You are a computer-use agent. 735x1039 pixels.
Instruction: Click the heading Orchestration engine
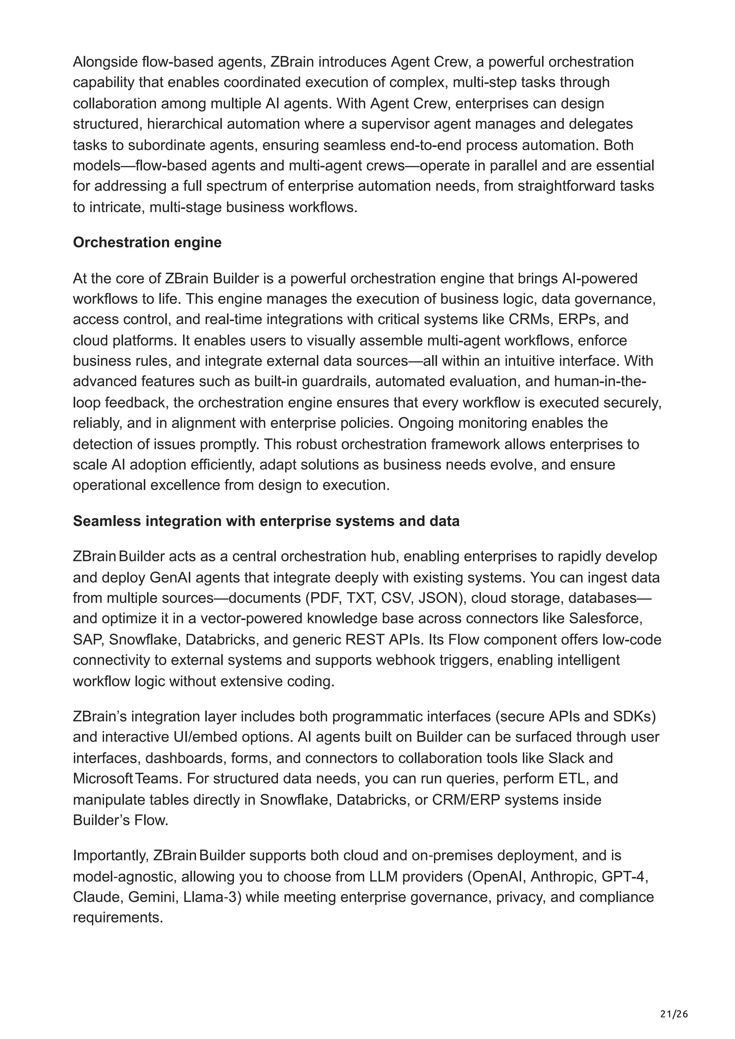(x=147, y=243)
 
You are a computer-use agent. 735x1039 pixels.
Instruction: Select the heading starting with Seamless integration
(x=266, y=521)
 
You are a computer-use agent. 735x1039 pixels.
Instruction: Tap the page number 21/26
(x=674, y=1001)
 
